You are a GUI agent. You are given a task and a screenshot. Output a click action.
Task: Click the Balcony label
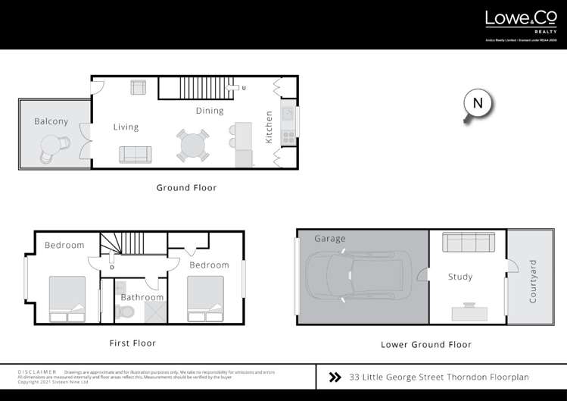click(x=51, y=121)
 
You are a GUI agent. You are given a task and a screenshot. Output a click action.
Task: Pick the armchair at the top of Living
click(x=138, y=87)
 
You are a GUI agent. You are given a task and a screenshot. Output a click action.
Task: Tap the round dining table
click(x=194, y=145)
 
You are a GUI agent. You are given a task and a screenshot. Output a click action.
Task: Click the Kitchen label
click(x=269, y=127)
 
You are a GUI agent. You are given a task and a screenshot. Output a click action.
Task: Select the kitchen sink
click(x=288, y=114)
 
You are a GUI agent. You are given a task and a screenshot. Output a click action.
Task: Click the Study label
click(x=460, y=277)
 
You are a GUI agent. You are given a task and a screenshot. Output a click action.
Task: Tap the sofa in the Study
click(x=468, y=243)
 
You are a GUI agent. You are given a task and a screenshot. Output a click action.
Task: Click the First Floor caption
click(x=132, y=343)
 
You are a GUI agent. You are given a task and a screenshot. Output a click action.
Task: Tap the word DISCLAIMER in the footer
click(x=36, y=372)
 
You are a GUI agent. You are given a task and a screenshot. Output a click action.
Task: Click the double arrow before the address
click(x=335, y=377)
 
